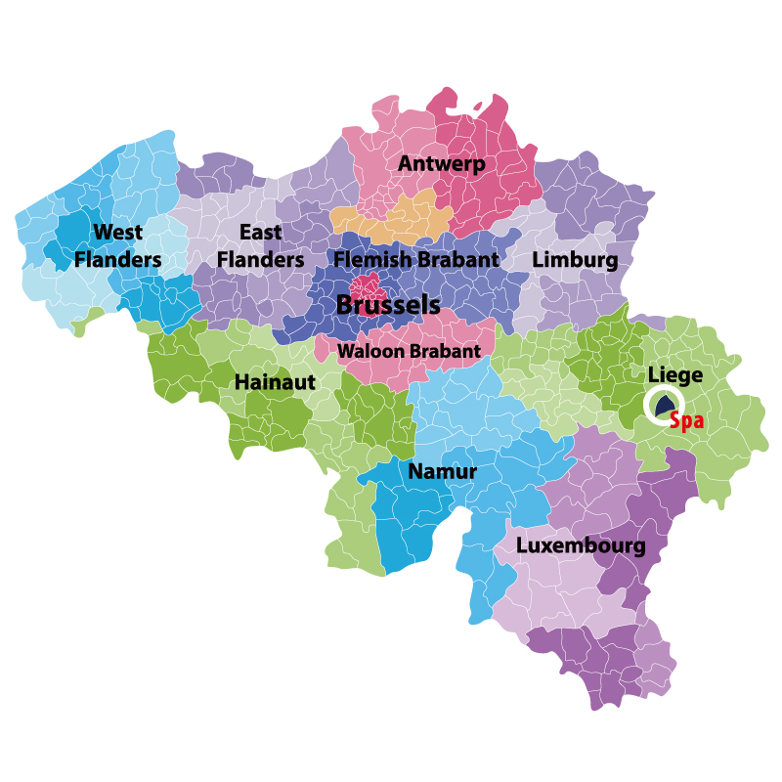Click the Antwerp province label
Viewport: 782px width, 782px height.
coord(442,164)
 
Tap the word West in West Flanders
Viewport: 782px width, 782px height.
coord(118,233)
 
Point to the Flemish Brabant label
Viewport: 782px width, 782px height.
coord(416,260)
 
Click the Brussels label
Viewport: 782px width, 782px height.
coord(388,305)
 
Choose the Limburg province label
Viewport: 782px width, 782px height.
coord(575,260)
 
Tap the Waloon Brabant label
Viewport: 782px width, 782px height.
coord(409,351)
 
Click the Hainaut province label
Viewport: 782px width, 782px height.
coord(275,382)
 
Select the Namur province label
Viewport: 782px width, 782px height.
coord(442,472)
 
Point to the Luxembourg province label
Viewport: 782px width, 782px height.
coord(581,545)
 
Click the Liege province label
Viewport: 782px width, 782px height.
coord(674,375)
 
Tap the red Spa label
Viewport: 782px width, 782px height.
coord(686,421)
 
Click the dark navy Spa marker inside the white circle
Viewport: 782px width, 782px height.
coord(665,404)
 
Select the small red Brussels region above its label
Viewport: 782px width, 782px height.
coord(368,286)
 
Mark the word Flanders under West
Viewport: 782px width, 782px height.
coord(118,260)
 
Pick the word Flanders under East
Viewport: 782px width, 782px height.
coord(260,260)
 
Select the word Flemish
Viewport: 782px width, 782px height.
coord(369,260)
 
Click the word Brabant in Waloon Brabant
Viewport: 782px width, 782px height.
coord(448,351)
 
